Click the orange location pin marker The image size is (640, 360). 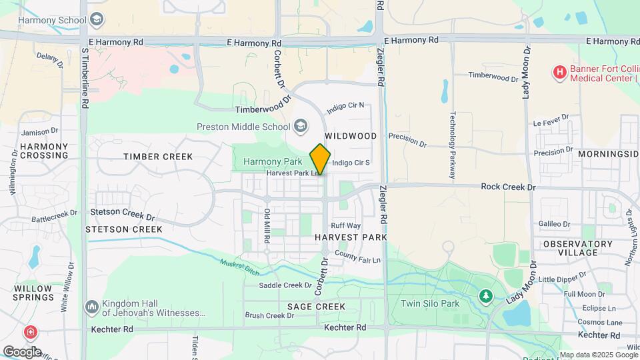pos(320,159)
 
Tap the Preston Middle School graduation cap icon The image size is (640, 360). pos(301,126)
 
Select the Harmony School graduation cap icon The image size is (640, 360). pos(97,19)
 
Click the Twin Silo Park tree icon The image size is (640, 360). pos(486,295)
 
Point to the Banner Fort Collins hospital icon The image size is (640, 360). pos(559,71)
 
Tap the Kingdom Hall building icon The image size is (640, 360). pos(91,307)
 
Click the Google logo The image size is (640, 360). pos(22,351)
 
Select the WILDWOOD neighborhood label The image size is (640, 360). pos(351,136)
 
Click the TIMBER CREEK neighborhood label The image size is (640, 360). pos(158,157)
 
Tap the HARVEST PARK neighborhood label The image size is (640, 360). pos(351,237)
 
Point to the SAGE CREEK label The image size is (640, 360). pos(316,307)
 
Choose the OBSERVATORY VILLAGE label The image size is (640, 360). pos(577,248)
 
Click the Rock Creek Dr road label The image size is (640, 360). pos(508,187)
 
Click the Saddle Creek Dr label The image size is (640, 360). pos(281,285)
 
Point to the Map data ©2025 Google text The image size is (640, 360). pos(598,355)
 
